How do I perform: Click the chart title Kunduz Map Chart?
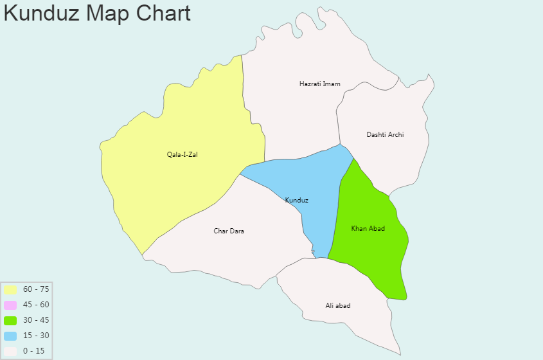point(97,13)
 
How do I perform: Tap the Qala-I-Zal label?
point(182,154)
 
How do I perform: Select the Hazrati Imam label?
point(320,84)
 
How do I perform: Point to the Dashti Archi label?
point(385,134)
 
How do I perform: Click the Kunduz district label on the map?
point(297,201)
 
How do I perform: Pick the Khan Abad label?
point(368,229)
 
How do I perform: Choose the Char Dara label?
point(229,231)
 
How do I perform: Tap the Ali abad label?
point(338,305)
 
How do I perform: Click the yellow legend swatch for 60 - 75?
point(10,290)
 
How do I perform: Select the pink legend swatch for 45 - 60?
point(10,305)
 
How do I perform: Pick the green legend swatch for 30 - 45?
point(10,320)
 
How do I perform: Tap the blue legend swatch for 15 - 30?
point(10,336)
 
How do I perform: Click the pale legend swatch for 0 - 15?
point(10,351)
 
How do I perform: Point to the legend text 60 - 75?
point(36,289)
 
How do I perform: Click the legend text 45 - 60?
point(36,305)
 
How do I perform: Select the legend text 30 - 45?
point(36,320)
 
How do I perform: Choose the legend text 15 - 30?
point(36,336)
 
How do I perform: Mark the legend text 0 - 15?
point(33,351)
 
